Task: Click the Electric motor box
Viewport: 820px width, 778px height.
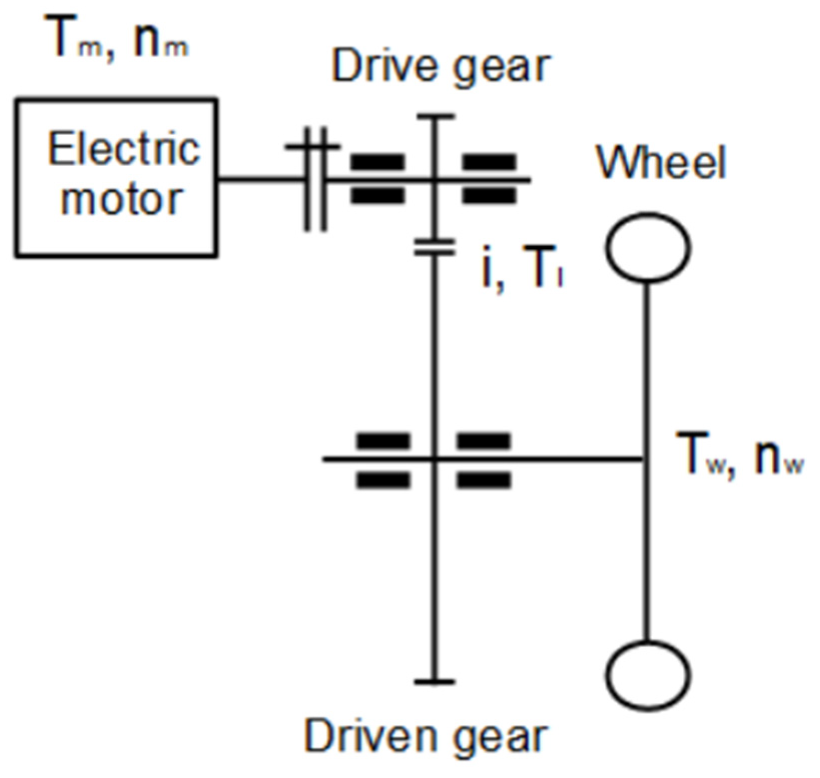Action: click(x=116, y=178)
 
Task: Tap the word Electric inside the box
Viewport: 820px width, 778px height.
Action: click(x=124, y=150)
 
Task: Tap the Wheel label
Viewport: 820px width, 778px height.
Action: click(x=660, y=162)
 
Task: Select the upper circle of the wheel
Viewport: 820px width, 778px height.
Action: click(x=648, y=247)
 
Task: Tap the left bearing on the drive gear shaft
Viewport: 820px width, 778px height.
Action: click(x=377, y=179)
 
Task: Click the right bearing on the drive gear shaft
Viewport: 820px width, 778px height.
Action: click(x=489, y=179)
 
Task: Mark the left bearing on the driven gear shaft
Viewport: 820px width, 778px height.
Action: click(x=382, y=460)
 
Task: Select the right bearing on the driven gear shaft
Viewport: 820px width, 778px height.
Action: click(x=483, y=460)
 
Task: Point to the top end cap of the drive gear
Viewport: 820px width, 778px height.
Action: click(x=434, y=117)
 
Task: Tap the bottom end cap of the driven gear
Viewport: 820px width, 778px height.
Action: click(x=434, y=681)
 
